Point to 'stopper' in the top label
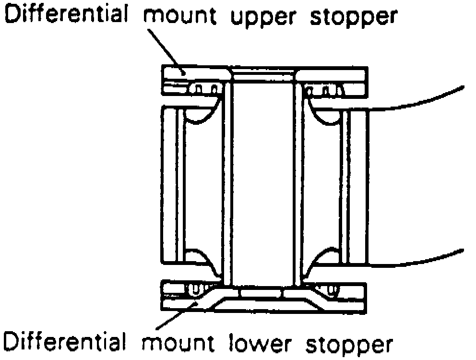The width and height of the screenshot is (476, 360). coord(353,17)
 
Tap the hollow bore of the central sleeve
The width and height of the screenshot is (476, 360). coord(262,182)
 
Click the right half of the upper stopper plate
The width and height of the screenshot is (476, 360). coord(331,73)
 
